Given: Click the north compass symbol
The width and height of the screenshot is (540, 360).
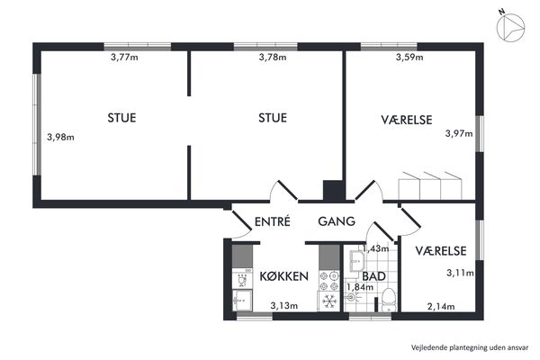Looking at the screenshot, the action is tap(510, 26).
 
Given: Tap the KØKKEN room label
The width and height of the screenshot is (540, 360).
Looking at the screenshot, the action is tap(283, 276).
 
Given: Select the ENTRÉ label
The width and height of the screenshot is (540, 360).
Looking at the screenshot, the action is tap(272, 221).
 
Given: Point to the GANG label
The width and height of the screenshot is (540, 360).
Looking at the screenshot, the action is tap(337, 221).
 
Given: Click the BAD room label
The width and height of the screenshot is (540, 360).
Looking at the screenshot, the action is tap(373, 276).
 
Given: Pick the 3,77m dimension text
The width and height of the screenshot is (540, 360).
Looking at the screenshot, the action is tap(124, 58).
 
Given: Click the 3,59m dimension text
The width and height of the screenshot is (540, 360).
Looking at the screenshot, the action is tap(409, 58).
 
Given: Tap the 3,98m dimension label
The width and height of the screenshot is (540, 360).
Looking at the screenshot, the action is tap(60, 137).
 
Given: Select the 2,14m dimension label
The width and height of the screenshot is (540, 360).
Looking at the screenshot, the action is tap(441, 306).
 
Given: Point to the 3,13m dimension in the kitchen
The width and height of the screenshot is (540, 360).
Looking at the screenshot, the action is tap(284, 306).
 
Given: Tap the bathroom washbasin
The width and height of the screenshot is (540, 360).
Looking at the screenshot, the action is tap(356, 261).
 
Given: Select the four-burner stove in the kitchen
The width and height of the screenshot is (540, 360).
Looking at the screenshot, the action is tap(329, 281).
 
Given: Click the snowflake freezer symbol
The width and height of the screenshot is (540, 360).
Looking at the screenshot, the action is tap(329, 301).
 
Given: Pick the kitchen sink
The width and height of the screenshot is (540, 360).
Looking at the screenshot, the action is tap(242, 301).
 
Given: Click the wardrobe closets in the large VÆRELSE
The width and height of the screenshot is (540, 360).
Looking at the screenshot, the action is tap(430, 185).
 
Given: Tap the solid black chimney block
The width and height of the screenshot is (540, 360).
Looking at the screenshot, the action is tap(332, 190).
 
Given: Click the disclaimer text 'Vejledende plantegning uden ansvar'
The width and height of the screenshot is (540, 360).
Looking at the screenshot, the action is tap(470, 347).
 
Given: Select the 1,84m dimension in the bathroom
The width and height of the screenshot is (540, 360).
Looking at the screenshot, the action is tap(360, 287).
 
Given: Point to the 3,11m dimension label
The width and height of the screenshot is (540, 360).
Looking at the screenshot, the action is tap(460, 274).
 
